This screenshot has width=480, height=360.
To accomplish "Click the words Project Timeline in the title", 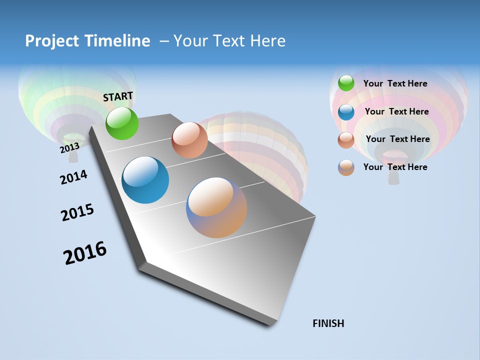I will point(87,41).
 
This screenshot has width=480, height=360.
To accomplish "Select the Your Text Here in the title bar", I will point(229,41).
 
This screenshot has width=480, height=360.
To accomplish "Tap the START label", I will point(118,96).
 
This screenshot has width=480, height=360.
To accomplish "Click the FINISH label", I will point(328,323).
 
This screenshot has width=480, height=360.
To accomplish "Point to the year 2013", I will point(69,148).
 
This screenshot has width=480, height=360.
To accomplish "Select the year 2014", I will point(73,177).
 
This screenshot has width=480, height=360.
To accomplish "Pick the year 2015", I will point(77,212).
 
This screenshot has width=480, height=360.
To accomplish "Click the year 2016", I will point(85,253).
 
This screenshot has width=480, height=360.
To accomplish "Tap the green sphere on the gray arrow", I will point(122,123).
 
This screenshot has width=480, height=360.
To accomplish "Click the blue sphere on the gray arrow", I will point(145,180).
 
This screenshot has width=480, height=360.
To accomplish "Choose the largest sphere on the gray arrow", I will point(216,207).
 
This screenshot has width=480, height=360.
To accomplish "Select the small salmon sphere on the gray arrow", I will point(189,140).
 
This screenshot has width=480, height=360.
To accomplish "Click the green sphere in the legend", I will point(346,83).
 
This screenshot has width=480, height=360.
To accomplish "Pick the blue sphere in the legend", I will point(346,111).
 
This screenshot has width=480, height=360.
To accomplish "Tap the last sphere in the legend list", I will point(346,167).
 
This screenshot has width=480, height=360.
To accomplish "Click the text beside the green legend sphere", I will point(395,83).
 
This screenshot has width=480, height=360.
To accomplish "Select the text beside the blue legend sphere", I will point(396,111).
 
